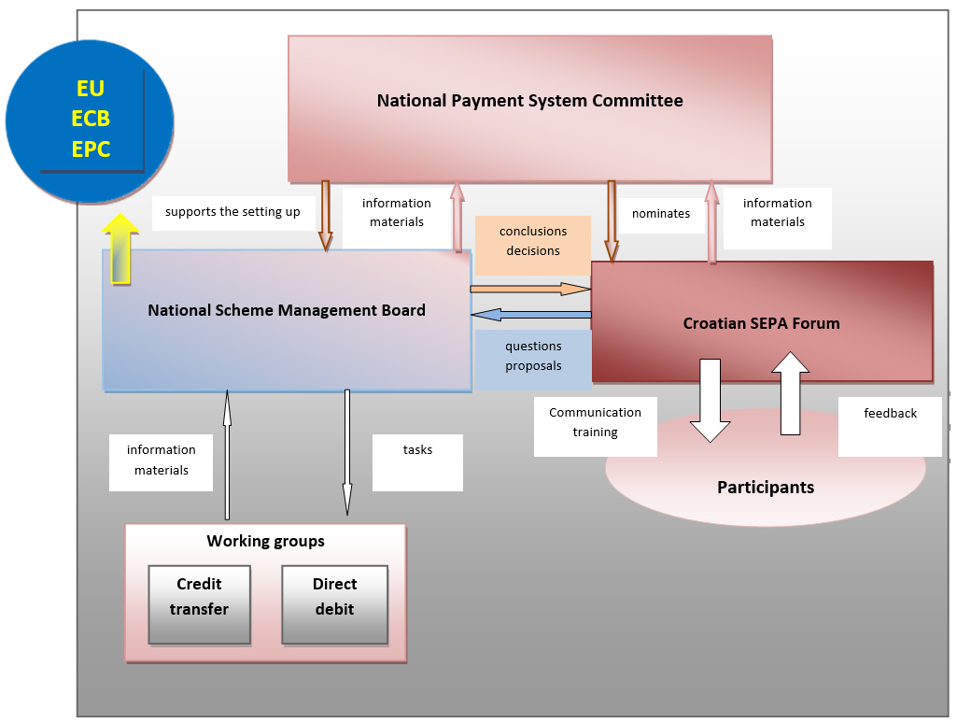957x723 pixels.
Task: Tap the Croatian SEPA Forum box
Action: click(x=762, y=322)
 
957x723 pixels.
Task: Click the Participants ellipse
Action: click(x=766, y=488)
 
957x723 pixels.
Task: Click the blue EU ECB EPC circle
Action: click(x=90, y=119)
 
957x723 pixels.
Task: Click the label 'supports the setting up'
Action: click(x=232, y=212)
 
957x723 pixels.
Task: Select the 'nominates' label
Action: click(x=661, y=214)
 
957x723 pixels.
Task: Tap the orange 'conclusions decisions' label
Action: click(x=533, y=241)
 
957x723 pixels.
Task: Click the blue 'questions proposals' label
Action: click(x=533, y=356)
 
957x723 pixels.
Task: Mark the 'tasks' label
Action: click(x=417, y=450)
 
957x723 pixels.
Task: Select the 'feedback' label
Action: click(x=890, y=414)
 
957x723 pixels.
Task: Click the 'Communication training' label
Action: click(x=595, y=422)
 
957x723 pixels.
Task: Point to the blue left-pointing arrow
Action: click(x=531, y=314)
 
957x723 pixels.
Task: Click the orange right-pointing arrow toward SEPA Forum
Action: click(x=531, y=289)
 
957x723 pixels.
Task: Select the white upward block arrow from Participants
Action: click(x=791, y=393)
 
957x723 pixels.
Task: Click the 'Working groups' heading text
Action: click(x=265, y=541)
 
